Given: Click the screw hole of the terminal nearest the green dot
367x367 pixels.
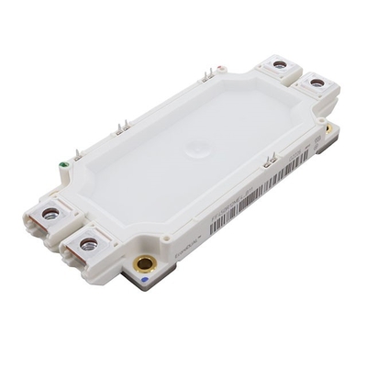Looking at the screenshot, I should pyautogui.click(x=50, y=213).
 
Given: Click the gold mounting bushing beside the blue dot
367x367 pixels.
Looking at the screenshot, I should pyautogui.click(x=144, y=265).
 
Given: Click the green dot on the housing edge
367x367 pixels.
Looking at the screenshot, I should pyautogui.click(x=62, y=166).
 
